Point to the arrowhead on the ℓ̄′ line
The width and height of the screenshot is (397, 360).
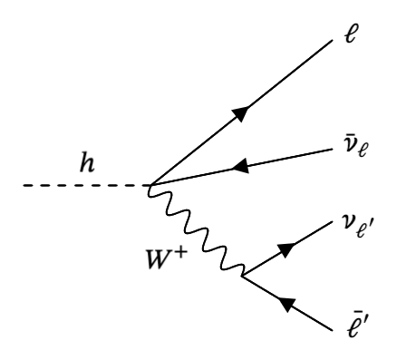[290, 309]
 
